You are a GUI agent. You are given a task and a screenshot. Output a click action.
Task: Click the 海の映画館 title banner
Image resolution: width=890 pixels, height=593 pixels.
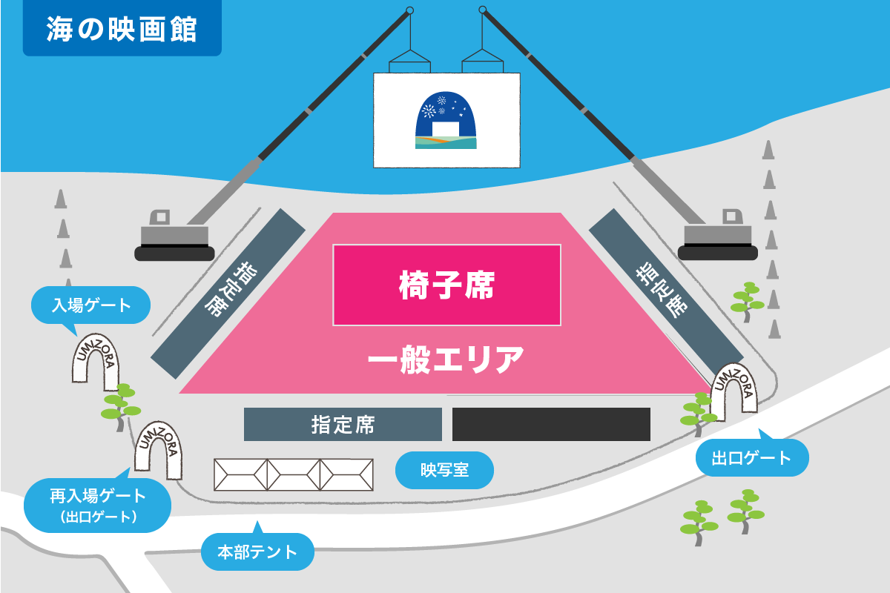click(122, 29)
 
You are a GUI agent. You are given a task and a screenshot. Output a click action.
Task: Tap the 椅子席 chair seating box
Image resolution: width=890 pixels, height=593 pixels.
click(446, 285)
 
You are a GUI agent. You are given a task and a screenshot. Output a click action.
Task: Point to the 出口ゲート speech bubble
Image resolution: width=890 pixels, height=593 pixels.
click(752, 458)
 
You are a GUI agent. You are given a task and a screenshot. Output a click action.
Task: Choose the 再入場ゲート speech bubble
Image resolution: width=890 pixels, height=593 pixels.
click(98, 504)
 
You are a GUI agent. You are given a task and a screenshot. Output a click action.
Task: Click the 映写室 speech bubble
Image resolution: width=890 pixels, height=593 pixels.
click(444, 470)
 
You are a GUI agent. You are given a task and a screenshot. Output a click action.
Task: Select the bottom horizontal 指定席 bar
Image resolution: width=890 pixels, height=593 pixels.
click(343, 425)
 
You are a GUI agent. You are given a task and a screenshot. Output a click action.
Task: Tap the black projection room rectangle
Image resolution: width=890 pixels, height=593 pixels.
click(551, 424)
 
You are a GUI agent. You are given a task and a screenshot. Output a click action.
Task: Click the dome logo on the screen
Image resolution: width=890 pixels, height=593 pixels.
click(446, 122)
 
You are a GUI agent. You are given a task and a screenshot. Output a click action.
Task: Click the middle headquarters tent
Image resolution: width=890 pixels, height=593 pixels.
click(294, 474)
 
